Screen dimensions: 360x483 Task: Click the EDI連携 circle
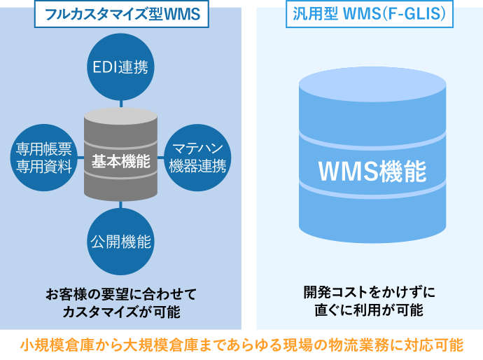tap(120, 68)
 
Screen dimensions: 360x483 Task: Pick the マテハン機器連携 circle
tap(198, 156)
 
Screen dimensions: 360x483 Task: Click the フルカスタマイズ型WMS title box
tap(122, 15)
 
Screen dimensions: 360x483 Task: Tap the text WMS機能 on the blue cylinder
tap(372, 169)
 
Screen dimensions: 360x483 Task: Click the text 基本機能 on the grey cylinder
tap(121, 162)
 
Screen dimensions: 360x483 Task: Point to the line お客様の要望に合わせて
tap(121, 293)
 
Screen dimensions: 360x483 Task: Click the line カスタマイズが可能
tap(121, 310)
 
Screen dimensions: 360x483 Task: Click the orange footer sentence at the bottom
tap(241, 345)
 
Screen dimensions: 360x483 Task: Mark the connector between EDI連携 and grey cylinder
tap(121, 104)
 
